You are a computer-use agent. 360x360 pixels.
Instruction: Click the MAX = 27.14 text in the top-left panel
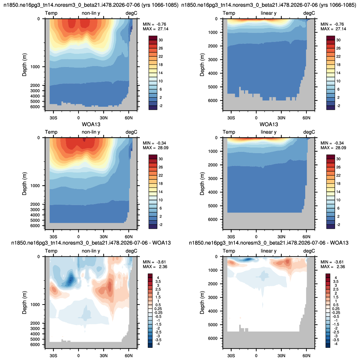pyautogui.click(x=156, y=29)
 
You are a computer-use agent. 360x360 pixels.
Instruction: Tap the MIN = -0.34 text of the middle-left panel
pyautogui.click(x=154, y=143)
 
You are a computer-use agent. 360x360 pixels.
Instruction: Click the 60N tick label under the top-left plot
pyautogui.click(x=129, y=118)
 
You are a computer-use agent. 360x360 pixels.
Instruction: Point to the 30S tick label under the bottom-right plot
pyautogui.click(x=231, y=356)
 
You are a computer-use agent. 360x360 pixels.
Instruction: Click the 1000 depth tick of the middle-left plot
pyautogui.click(x=35, y=186)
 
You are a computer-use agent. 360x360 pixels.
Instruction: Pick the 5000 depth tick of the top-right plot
pyautogui.click(x=213, y=87)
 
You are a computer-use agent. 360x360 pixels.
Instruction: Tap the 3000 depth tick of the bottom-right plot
pyautogui.click(x=213, y=298)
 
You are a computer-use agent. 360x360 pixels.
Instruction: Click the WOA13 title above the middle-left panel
pyautogui.click(x=91, y=125)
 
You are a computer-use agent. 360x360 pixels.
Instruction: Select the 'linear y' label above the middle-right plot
pyautogui.click(x=268, y=132)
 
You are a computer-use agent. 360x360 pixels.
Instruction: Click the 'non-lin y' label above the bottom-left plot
pyautogui.click(x=91, y=251)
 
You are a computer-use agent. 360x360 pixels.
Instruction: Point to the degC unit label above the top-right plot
pyautogui.click(x=309, y=13)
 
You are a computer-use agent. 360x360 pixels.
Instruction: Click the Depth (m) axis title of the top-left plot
pyautogui.click(x=24, y=65)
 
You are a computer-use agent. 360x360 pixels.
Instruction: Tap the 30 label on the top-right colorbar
pyautogui.click(x=338, y=40)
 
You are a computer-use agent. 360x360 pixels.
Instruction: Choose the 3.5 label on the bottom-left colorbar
pyautogui.click(x=158, y=282)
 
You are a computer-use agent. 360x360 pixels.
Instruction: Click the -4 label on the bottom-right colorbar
pyautogui.click(x=336, y=344)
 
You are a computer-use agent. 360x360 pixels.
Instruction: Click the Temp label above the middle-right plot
pyautogui.click(x=229, y=132)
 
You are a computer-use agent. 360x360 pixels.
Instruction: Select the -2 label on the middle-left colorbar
pyautogui.click(x=161, y=225)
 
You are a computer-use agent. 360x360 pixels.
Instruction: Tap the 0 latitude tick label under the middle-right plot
pyautogui.click(x=256, y=237)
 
